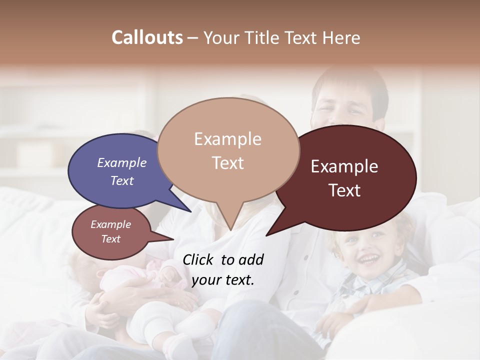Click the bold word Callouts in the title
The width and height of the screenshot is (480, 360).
147,37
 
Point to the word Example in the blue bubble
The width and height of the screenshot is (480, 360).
121,163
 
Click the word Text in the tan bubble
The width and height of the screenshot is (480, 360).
228,163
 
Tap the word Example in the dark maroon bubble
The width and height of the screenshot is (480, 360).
344,166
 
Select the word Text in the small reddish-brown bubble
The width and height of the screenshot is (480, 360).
111,239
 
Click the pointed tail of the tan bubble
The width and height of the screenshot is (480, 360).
230,225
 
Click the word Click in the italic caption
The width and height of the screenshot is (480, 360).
198,259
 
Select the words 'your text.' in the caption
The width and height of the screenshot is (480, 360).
223,280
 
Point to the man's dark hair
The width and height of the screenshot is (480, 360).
350,80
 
